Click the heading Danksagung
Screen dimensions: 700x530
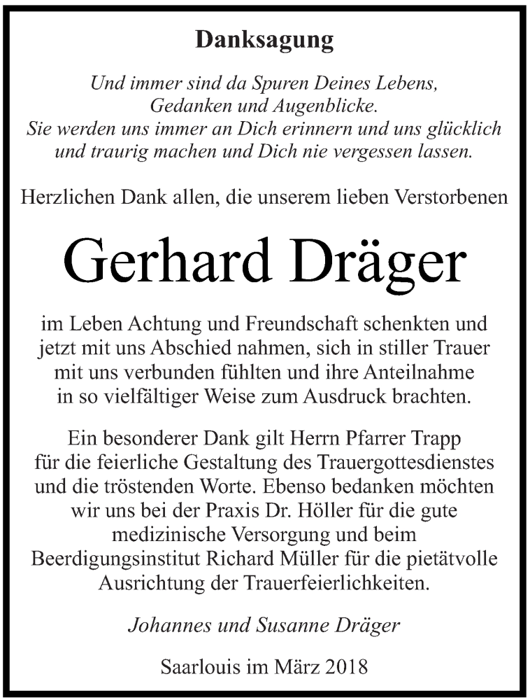point(264,41)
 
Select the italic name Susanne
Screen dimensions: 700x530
point(302,625)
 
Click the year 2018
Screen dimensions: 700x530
point(347,666)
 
